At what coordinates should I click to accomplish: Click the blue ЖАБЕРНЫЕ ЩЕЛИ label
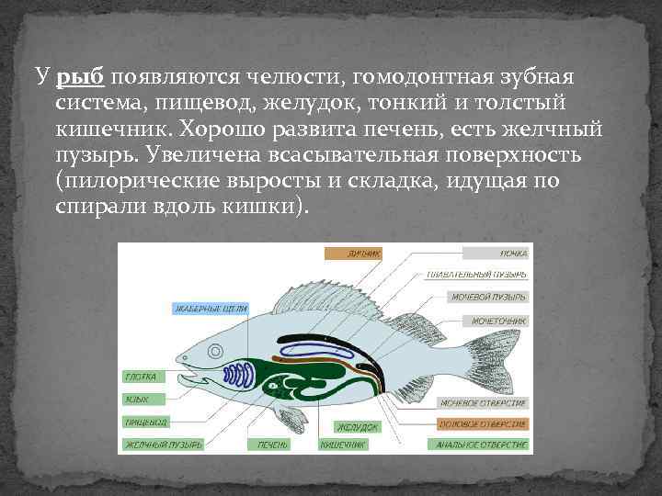(209, 309)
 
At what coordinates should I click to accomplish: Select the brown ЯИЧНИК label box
(352, 253)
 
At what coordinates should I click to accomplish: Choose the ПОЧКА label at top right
(495, 253)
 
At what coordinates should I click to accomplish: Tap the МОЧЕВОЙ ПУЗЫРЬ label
(489, 298)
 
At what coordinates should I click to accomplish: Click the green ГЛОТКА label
(142, 377)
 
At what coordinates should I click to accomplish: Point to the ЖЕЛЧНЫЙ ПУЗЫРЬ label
(160, 445)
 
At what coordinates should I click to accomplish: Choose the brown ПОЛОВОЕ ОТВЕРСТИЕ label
(483, 423)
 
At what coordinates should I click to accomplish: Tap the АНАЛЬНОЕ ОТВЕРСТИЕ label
(483, 445)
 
